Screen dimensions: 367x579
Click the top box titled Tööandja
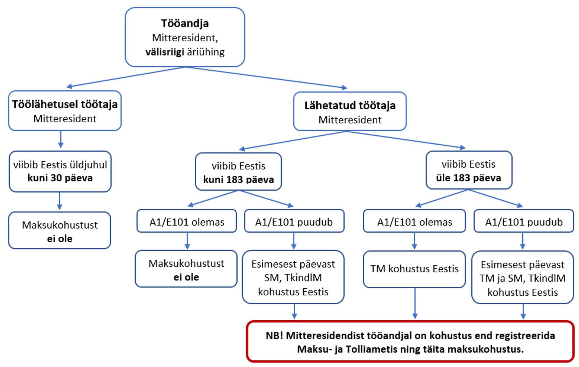click(x=185, y=37)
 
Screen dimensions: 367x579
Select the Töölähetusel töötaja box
click(x=65, y=111)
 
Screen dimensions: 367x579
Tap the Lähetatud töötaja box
click(x=350, y=111)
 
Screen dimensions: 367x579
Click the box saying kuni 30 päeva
click(x=60, y=171)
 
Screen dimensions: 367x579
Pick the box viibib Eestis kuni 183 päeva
click(x=238, y=172)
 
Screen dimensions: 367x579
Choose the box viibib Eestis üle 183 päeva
click(x=469, y=170)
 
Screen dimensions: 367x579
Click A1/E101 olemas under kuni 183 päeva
click(x=187, y=221)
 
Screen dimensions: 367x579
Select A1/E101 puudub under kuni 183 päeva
click(x=294, y=221)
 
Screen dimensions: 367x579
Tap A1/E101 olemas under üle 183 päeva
click(x=414, y=221)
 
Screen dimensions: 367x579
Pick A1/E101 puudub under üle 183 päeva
click(x=524, y=221)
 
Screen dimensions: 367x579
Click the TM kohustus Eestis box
click(x=414, y=269)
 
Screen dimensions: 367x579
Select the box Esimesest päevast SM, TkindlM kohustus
click(x=293, y=277)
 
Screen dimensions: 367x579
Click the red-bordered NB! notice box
click(x=410, y=342)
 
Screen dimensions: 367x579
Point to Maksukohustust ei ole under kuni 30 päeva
click(x=60, y=231)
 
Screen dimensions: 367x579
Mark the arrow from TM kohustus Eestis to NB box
click(x=415, y=303)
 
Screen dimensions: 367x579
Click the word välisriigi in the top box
click(x=165, y=52)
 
